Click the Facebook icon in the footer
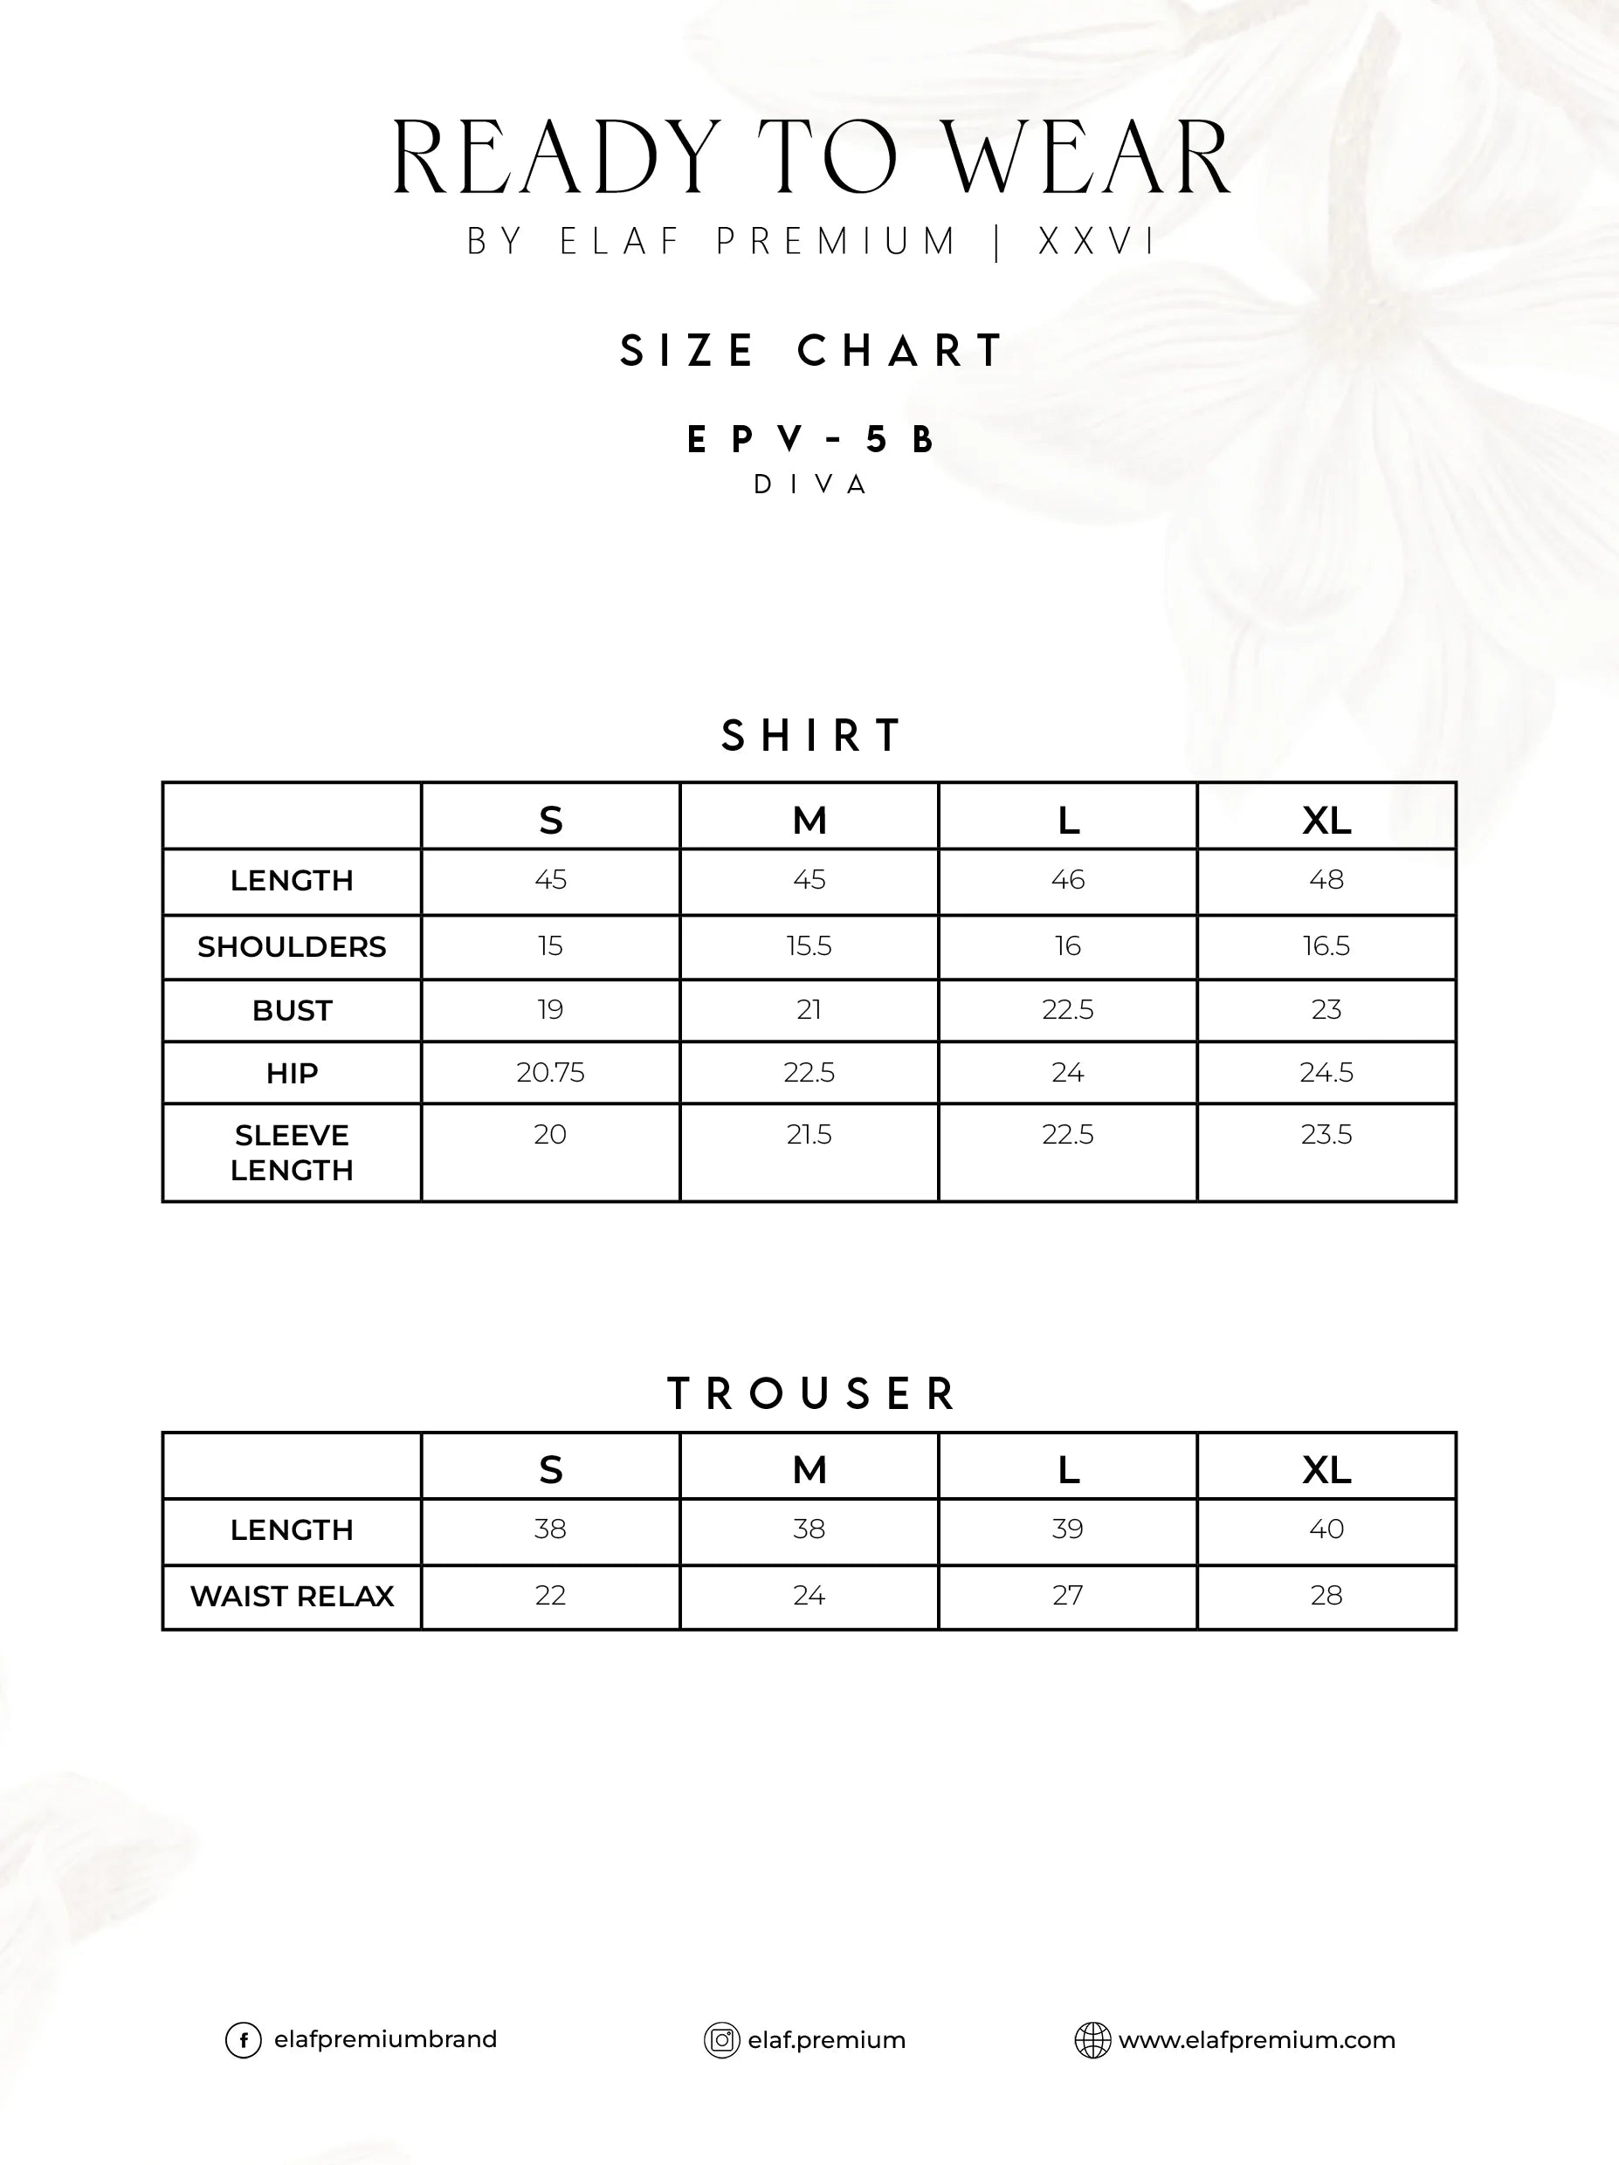pos(244,2041)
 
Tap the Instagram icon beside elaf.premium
pos(721,2041)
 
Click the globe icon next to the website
pos(1092,2041)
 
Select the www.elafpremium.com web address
pos(1257,2041)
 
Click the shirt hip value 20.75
pos(550,1073)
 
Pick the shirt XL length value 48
pos(1326,880)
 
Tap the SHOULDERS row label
pos(292,947)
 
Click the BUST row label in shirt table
pos(292,1011)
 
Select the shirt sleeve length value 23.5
pos(1326,1136)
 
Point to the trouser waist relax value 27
pos(1068,1597)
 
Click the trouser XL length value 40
pos(1326,1529)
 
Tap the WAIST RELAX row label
pos(292,1598)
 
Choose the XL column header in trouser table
pos(1326,1470)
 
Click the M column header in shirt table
pos(809,821)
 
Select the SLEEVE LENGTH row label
pos(292,1153)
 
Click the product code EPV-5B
pos(809,441)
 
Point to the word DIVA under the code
pos(809,485)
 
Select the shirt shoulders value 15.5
pos(809,946)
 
